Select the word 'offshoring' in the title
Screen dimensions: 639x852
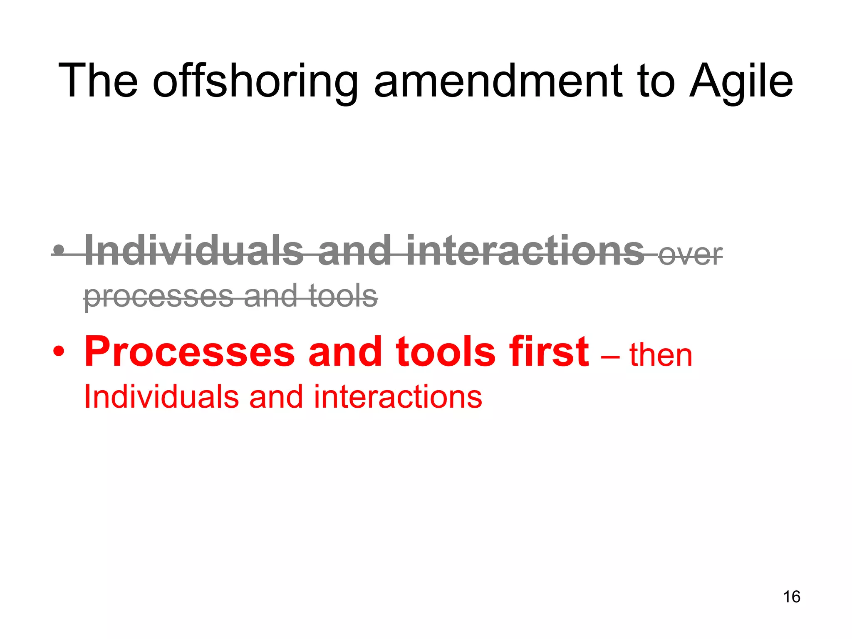point(255,82)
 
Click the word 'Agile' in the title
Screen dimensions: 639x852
point(741,82)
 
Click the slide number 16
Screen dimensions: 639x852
point(792,597)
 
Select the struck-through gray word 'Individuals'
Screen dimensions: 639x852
point(194,250)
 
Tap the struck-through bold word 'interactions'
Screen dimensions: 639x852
point(525,250)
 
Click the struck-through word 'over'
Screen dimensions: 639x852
point(691,255)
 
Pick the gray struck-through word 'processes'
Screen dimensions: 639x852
point(159,296)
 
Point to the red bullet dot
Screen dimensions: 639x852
point(59,352)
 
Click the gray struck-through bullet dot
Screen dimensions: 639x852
point(59,250)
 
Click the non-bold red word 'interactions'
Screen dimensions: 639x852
point(398,396)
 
